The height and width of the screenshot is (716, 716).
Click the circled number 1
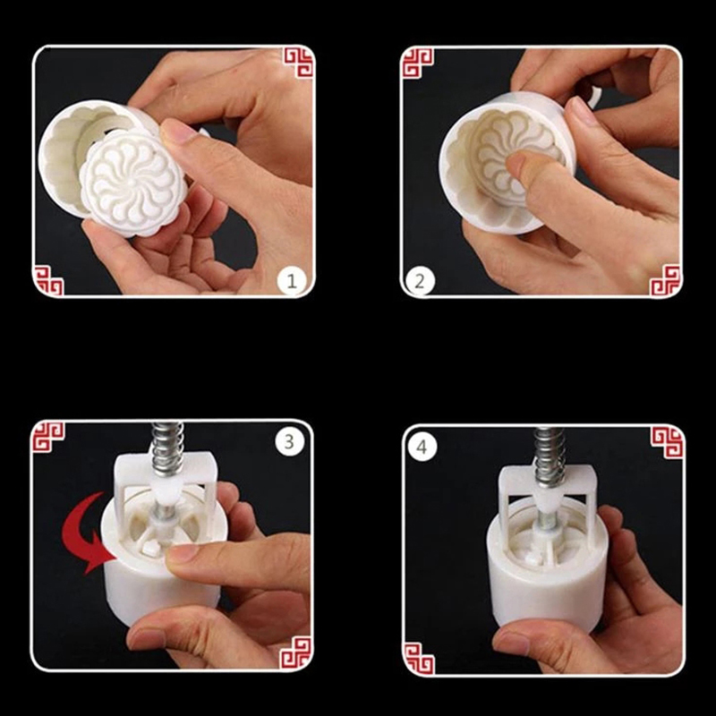(292, 280)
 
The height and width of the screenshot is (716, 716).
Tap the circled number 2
(420, 280)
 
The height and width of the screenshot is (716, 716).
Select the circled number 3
(289, 441)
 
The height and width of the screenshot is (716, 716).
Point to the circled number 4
(422, 446)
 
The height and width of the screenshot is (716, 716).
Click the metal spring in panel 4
(549, 456)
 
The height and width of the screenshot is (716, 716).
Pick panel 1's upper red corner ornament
(299, 62)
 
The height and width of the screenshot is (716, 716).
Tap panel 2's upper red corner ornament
(417, 63)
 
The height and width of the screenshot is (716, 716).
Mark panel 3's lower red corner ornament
(295, 653)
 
